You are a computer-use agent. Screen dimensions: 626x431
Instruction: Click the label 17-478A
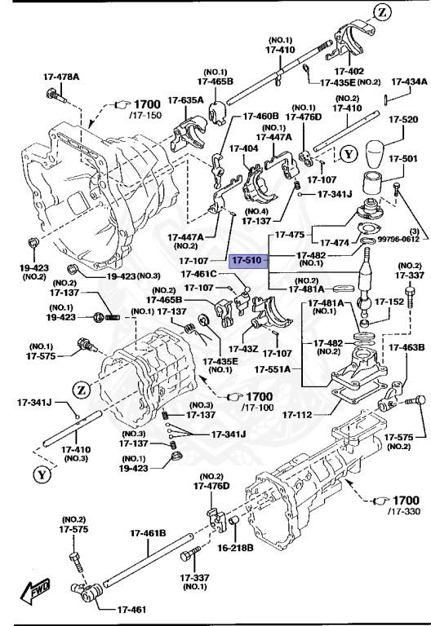(x=62, y=78)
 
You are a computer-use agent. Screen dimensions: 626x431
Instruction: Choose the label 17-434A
(x=409, y=82)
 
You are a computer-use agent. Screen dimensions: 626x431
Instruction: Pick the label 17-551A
(x=273, y=369)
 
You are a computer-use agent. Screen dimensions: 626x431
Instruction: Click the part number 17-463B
(x=406, y=348)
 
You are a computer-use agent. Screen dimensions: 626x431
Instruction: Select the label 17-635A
(x=186, y=100)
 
